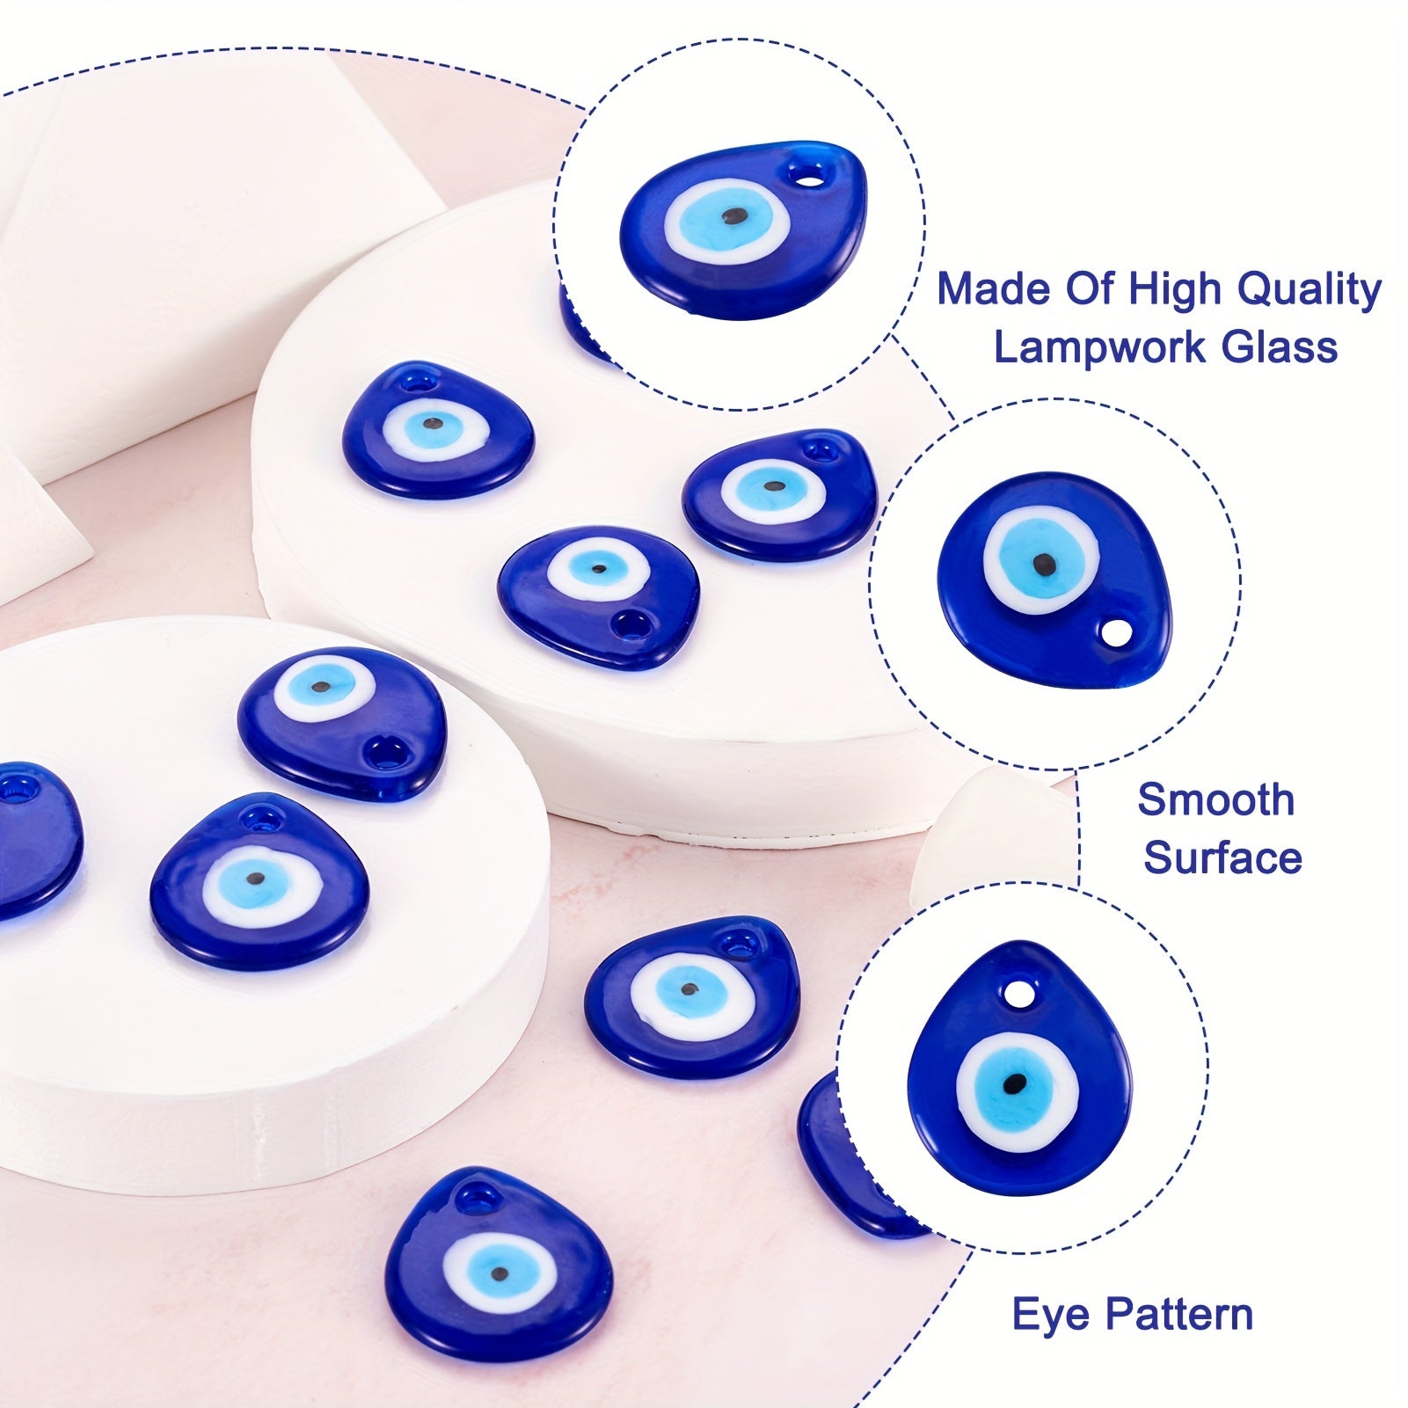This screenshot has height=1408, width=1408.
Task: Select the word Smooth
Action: click(1215, 800)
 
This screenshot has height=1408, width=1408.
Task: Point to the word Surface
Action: click(1222, 858)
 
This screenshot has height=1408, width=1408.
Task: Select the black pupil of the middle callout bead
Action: click(1044, 561)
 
